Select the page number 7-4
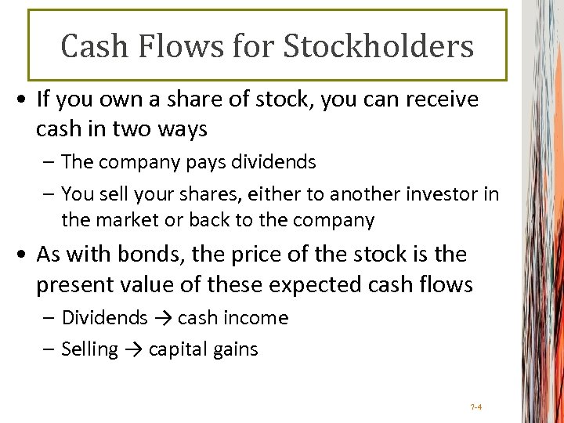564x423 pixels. pos(476,407)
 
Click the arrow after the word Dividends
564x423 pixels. pos(162,318)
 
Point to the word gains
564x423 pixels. pos(234,349)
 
